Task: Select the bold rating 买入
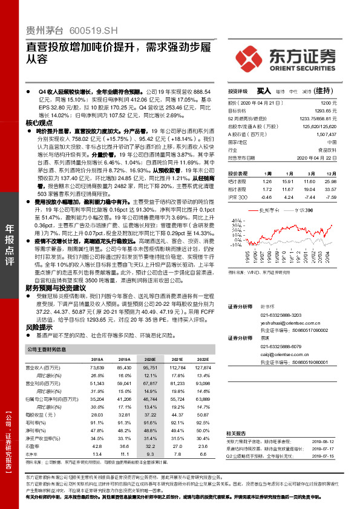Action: click(x=263, y=91)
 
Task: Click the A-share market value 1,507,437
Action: click(x=325, y=135)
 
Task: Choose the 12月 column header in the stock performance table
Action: click(x=332, y=172)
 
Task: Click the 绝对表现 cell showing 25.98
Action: click(x=330, y=181)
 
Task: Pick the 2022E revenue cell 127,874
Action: click(x=203, y=367)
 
